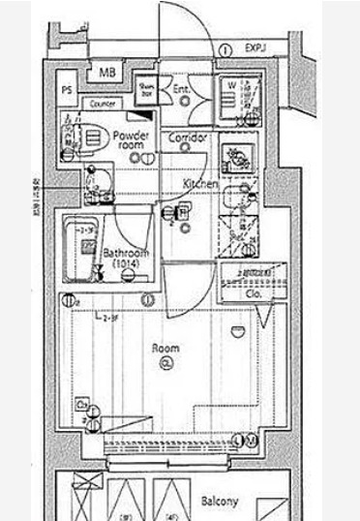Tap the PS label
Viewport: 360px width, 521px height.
point(67,90)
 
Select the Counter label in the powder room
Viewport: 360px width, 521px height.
point(101,104)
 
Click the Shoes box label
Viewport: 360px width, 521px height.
point(146,89)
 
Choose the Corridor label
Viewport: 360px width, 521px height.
point(189,139)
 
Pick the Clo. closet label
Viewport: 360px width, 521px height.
point(255,292)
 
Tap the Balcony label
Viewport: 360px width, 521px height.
point(221,502)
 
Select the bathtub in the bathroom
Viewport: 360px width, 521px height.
point(81,246)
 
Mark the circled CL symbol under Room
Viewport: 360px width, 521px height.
point(165,364)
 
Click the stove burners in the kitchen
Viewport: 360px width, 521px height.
point(235,157)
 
